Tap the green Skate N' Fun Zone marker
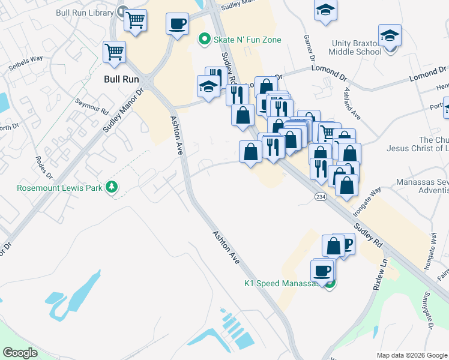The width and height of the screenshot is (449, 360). coord(204,40)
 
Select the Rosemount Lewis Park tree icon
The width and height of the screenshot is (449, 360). coord(111,188)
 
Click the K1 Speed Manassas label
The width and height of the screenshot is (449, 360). coord(283,283)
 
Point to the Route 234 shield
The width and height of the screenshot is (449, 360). coord(321,197)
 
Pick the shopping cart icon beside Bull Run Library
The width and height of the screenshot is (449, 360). coord(136,20)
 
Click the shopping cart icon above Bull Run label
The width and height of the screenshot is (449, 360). coord(114,51)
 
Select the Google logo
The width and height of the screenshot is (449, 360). coord(20,353)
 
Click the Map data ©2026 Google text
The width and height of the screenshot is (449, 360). coord(411,355)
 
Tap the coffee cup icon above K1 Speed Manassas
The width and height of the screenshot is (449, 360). coord(322,270)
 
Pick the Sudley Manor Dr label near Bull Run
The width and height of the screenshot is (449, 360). coord(122,111)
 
